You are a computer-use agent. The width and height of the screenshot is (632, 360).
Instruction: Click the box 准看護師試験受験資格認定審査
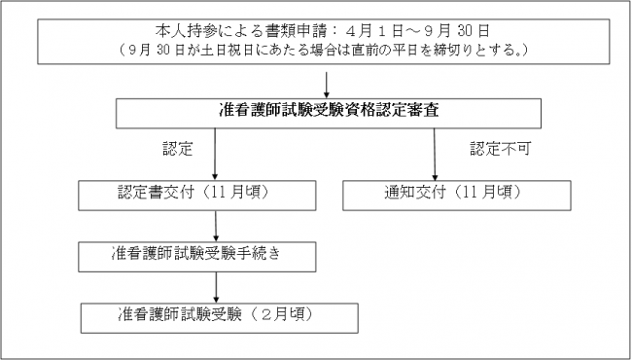tap(328, 113)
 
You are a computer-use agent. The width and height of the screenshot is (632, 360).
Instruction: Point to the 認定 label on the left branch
tap(177, 151)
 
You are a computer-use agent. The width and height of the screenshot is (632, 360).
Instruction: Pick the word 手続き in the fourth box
tap(291, 254)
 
